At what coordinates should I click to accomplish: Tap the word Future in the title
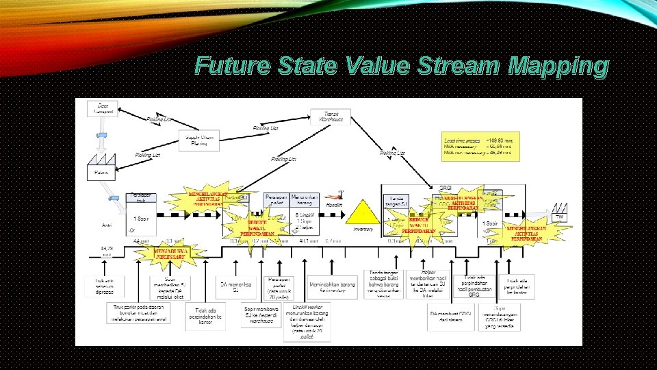233,66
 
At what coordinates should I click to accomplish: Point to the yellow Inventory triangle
363,212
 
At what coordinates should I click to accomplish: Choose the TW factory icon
560,212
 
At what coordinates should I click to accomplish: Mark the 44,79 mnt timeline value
107,251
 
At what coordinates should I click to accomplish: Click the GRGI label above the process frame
446,188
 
